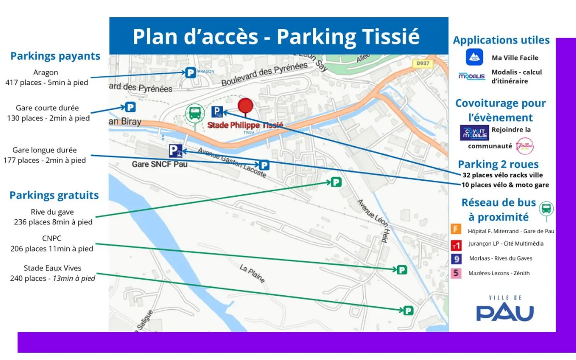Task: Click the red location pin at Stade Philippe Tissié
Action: point(245,106)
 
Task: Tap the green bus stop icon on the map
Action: point(195,113)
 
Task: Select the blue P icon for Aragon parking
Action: point(191,73)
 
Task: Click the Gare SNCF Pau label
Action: point(160,164)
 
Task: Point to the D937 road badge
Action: point(423,64)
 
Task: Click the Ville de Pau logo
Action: point(505,309)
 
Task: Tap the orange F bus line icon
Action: point(456,229)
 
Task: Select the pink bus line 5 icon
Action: point(456,273)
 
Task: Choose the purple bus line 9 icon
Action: point(456,259)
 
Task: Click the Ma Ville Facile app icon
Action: point(474,57)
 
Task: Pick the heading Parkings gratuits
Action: point(54,195)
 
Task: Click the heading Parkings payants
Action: point(55,56)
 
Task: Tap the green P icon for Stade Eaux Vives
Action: point(408,310)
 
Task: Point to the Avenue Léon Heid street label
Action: point(373,220)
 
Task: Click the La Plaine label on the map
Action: point(252,273)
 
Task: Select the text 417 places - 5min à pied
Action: point(46,83)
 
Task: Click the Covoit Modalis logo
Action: point(474,133)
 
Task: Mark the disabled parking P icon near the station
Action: point(175,151)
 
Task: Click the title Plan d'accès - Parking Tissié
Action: point(276,36)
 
